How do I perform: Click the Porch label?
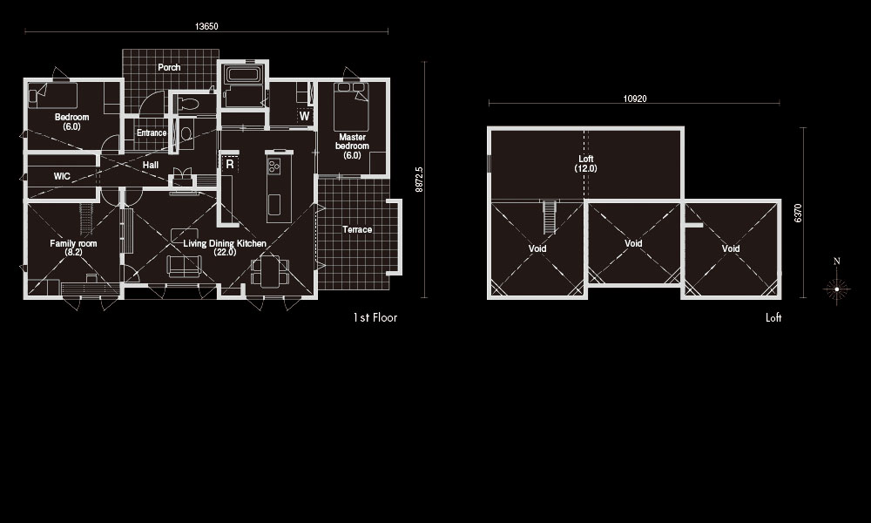pos(169,67)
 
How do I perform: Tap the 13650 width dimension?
pos(206,26)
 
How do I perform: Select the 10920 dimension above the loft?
pos(634,98)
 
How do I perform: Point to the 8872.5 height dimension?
pos(420,180)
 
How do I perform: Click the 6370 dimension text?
pos(798,213)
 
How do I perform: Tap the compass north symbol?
pos(836,282)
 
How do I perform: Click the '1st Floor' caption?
pos(375,317)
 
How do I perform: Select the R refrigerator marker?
pos(230,165)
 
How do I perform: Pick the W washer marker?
pos(304,116)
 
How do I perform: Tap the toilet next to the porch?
pos(188,104)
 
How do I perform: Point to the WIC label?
pos(62,176)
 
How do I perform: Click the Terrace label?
pos(357,229)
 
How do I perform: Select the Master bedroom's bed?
pos(351,106)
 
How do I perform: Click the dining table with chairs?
pos(271,271)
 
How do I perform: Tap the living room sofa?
pos(185,266)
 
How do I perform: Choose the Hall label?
pos(151,165)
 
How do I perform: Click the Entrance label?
pos(152,132)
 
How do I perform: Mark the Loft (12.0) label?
pos(586,163)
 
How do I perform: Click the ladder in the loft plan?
pos(549,217)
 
